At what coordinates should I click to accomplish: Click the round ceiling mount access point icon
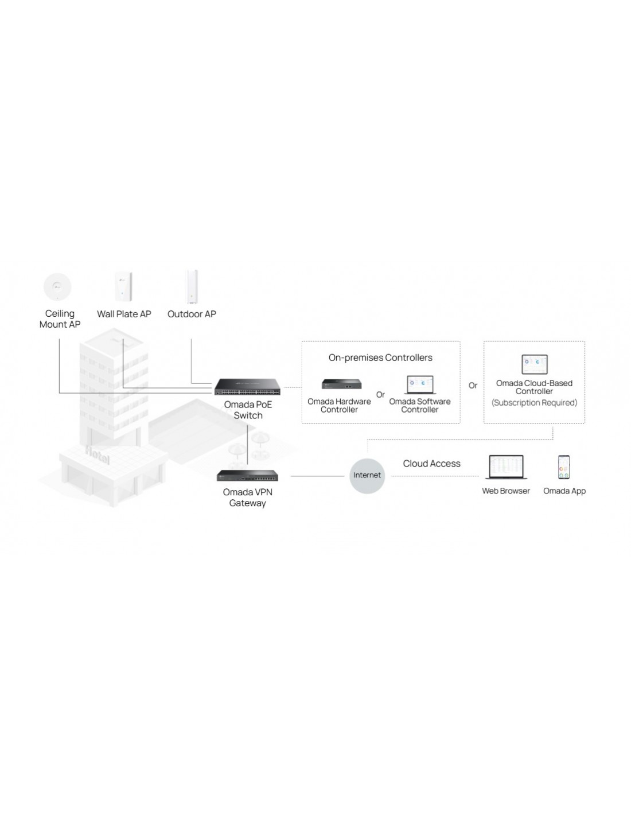[57, 286]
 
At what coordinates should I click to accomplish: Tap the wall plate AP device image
[123, 286]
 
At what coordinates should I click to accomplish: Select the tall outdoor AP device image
[192, 286]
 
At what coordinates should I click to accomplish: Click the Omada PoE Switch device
[247, 386]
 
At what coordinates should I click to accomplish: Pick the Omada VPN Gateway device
[247, 475]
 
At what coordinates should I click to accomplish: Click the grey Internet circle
[367, 476]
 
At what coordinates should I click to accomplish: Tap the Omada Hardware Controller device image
[341, 384]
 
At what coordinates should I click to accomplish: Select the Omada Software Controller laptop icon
[420, 385]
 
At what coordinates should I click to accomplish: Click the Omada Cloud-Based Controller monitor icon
[534, 364]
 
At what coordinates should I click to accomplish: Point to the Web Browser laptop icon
[505, 467]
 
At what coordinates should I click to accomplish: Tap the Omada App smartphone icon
[563, 467]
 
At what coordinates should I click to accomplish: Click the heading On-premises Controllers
[380, 358]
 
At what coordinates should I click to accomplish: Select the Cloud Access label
[431, 464]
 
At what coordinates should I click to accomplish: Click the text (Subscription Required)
[534, 403]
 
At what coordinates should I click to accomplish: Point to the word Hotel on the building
[98, 455]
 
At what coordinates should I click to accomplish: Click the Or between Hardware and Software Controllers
[380, 395]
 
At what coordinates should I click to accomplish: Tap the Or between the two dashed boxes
[473, 385]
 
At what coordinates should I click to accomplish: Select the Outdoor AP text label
[192, 314]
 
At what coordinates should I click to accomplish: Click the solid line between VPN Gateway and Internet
[317, 476]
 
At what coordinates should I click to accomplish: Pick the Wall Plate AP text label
[124, 314]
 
